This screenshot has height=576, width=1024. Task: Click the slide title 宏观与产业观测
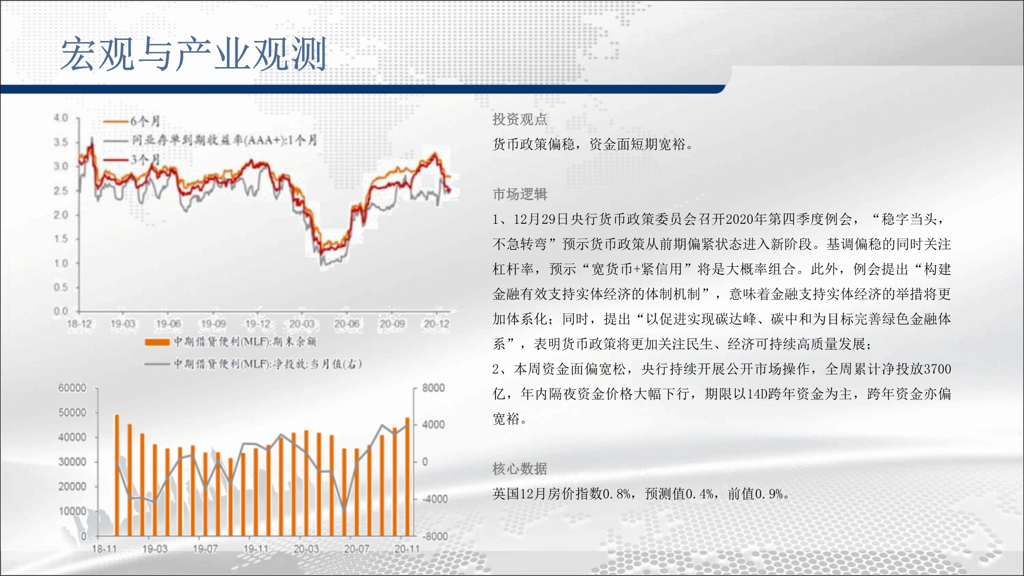pos(194,54)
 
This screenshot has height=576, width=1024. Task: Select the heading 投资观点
pos(520,119)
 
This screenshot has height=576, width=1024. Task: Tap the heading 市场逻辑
pos(520,194)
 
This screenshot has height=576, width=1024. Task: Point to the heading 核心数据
pos(520,468)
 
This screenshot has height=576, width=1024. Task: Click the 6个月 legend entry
pos(132,121)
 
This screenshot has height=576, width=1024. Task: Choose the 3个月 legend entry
pos(132,160)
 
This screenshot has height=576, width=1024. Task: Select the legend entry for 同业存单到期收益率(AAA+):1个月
pos(210,140)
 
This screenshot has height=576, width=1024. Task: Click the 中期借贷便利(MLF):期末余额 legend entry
pos(230,342)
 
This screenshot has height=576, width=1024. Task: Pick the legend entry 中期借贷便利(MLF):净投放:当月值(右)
pos(253,364)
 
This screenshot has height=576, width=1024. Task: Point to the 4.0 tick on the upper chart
pos(61,118)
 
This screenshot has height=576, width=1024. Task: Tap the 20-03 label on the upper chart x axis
pos(302,324)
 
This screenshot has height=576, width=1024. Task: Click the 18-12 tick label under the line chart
pos(79,324)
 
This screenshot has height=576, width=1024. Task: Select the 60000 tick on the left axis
pos(72,388)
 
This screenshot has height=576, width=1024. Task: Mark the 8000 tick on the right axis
pos(433,388)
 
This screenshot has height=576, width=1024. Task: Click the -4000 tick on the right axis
pos(434,499)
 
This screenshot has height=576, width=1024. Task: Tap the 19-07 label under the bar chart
pos(205,549)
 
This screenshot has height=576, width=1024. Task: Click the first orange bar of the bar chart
pos(117,475)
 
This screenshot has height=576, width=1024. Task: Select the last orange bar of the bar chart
pos(408,477)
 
